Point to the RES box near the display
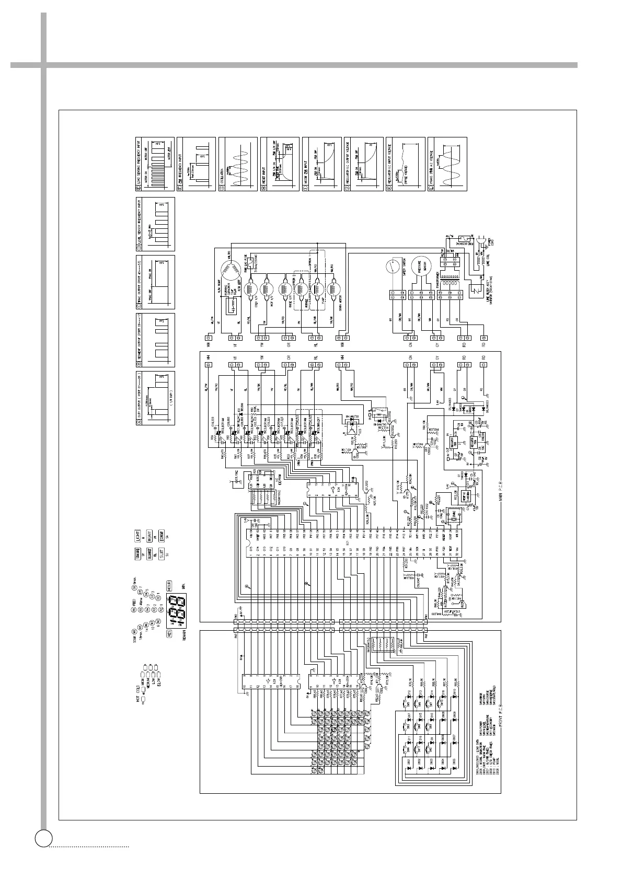pos(169,633)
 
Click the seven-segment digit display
pos(178,609)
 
